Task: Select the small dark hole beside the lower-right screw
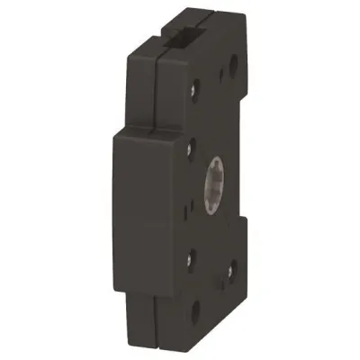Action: coord(225,276)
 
